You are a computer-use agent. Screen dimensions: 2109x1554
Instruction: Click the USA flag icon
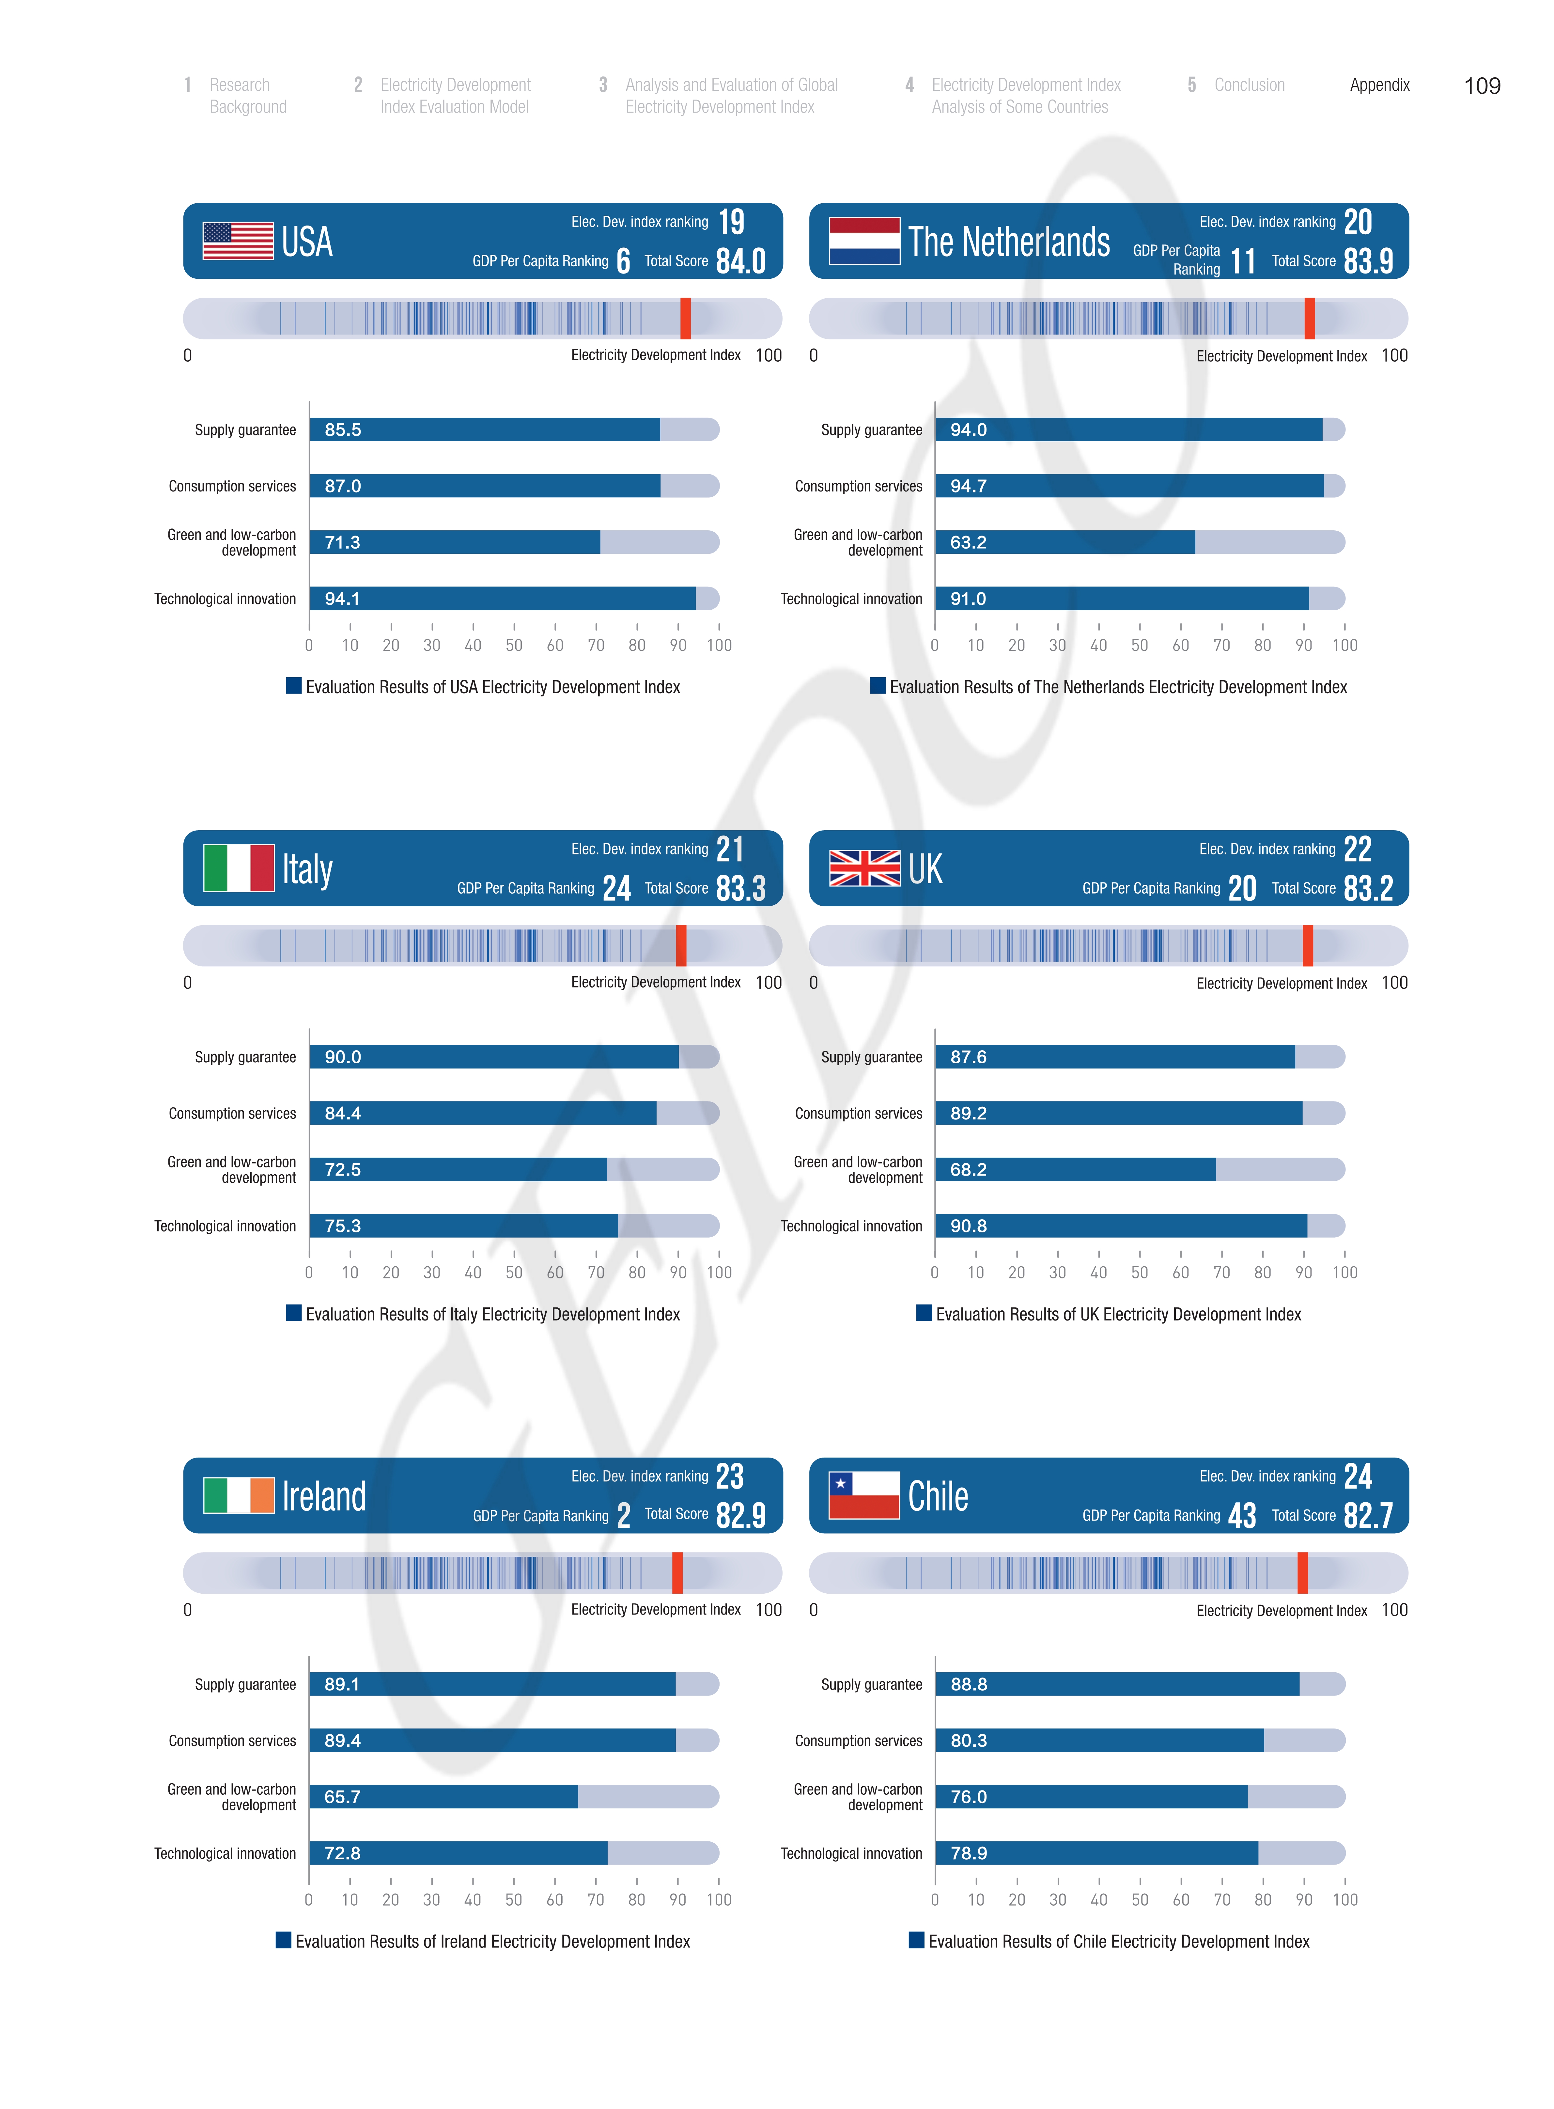[238, 241]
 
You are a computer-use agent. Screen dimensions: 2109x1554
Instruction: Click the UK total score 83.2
[1368, 888]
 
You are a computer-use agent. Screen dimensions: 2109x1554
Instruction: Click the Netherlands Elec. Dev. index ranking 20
[1358, 222]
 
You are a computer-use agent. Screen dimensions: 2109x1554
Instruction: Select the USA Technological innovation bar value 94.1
[342, 599]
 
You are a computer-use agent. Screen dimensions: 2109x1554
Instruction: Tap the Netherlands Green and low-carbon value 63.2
[968, 543]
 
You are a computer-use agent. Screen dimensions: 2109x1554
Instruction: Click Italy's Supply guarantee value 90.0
[342, 1057]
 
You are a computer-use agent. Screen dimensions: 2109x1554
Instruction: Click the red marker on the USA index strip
[686, 318]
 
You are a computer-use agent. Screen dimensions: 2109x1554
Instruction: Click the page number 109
[1482, 86]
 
